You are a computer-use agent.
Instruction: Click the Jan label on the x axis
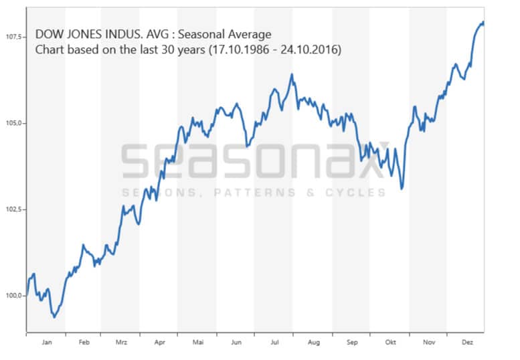(x=46, y=342)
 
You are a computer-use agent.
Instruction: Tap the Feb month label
(x=84, y=342)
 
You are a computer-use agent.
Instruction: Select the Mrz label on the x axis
(x=121, y=342)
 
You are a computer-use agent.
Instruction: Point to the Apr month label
(x=159, y=342)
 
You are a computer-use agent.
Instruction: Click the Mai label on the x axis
(x=198, y=342)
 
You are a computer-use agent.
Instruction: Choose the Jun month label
(x=236, y=342)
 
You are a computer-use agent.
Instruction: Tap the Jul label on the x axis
(x=274, y=342)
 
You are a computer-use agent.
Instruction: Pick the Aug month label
(x=313, y=342)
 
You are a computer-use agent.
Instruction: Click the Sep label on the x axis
(x=352, y=342)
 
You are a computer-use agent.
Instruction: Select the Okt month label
(x=390, y=342)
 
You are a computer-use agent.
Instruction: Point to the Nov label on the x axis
(x=429, y=342)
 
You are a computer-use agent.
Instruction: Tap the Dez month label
(x=467, y=342)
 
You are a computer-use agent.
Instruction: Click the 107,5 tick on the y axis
(x=13, y=37)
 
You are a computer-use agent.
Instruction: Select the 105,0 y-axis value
(x=13, y=123)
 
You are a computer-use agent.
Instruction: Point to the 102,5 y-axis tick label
(x=13, y=209)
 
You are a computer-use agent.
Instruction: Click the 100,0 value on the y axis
(x=13, y=295)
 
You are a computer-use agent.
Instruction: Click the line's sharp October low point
(x=402, y=189)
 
